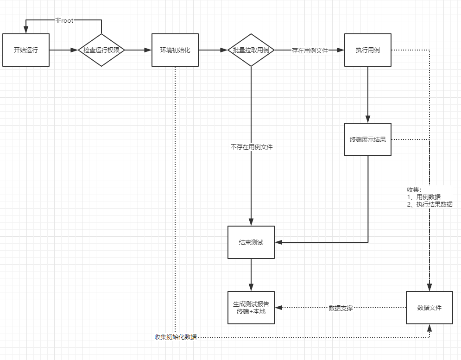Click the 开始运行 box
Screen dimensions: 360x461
tap(25, 50)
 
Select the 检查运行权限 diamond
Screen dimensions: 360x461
tap(101, 50)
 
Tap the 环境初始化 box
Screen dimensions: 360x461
tap(175, 50)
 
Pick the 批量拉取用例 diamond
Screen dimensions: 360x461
tap(251, 50)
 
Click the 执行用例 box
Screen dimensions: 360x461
tap(367, 50)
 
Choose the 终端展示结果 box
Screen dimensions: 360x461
tap(367, 139)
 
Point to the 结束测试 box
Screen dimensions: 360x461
tap(251, 242)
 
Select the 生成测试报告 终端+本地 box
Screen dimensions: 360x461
tap(251, 308)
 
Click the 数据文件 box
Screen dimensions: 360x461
tap(429, 308)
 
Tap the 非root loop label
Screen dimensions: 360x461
tap(64, 21)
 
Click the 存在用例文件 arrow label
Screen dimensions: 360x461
tap(310, 51)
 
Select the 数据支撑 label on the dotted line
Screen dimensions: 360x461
tap(341, 308)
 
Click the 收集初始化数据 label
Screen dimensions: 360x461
tap(176, 337)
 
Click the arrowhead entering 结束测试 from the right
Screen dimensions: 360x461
tap(278, 242)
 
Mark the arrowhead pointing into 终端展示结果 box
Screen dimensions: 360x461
tap(367, 120)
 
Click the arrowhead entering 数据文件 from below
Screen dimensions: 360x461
tap(429, 328)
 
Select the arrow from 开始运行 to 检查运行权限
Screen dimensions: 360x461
tap(63, 50)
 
